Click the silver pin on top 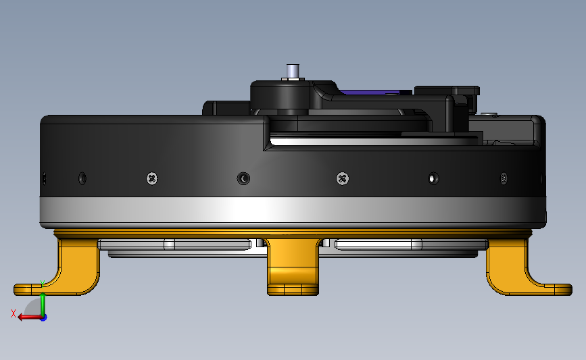tap(293, 71)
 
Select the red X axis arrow tap(30, 317)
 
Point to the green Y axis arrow tap(43, 305)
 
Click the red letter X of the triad tap(14, 313)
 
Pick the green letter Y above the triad tap(42, 284)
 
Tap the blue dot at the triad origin tap(44, 317)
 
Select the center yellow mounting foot tap(293, 267)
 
